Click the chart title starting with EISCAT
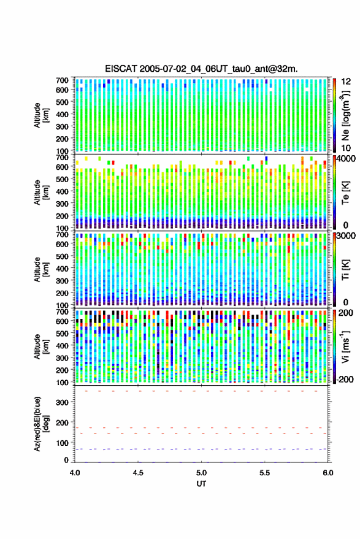[201, 69]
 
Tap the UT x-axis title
[201, 484]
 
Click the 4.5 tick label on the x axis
[138, 473]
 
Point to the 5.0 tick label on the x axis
[201, 473]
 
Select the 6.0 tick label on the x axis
[327, 473]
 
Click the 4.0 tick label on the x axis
[75, 473]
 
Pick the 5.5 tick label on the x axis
[264, 473]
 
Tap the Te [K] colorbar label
[345, 192]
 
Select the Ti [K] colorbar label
[345, 270]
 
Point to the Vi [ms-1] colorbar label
[345, 346]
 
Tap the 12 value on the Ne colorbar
[346, 82]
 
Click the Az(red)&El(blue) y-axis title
[40, 424]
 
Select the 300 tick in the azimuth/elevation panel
[62, 402]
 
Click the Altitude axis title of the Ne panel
[40, 115]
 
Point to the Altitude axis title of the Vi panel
[40, 346]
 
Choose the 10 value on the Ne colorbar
[346, 148]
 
